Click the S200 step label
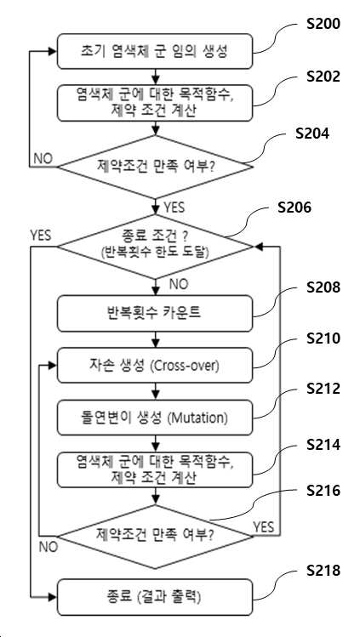pos(323,25)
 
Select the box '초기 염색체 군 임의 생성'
pos(155,51)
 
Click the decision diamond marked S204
pos(155,167)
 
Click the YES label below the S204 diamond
pos(174,208)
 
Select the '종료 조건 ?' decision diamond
pos(155,246)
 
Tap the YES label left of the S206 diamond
pos(41,236)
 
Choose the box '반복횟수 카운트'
pos(155,314)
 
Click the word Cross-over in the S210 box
pos(185,366)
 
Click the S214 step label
pos(323,445)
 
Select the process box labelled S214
pos(155,470)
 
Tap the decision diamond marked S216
pos(155,537)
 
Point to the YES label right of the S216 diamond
pos(264,527)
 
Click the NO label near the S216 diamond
pos(49,547)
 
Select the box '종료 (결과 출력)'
pos(155,598)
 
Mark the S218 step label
pos(323,571)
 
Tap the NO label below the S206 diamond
pos(179,285)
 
